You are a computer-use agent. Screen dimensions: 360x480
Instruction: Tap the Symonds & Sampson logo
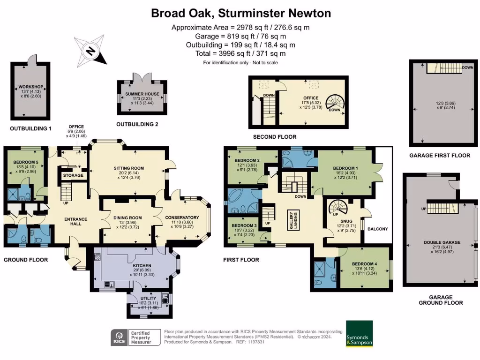tap(359, 333)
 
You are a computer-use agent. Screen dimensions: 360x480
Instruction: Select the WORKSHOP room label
tap(30, 87)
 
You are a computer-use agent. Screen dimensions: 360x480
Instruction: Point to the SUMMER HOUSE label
tap(142, 94)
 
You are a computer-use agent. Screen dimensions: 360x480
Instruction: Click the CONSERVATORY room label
tap(182, 217)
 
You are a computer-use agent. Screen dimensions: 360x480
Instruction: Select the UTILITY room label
tap(141, 298)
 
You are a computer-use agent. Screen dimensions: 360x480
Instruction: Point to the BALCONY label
tap(377, 229)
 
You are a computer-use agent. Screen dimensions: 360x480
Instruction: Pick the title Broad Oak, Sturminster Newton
tap(241, 13)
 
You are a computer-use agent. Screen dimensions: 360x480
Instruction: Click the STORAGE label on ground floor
tap(73, 175)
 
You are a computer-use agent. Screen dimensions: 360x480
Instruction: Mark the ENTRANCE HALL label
tap(73, 221)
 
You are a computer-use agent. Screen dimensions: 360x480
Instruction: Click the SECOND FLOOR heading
tap(274, 137)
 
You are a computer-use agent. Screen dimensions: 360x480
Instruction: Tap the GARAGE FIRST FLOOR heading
tap(439, 156)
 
